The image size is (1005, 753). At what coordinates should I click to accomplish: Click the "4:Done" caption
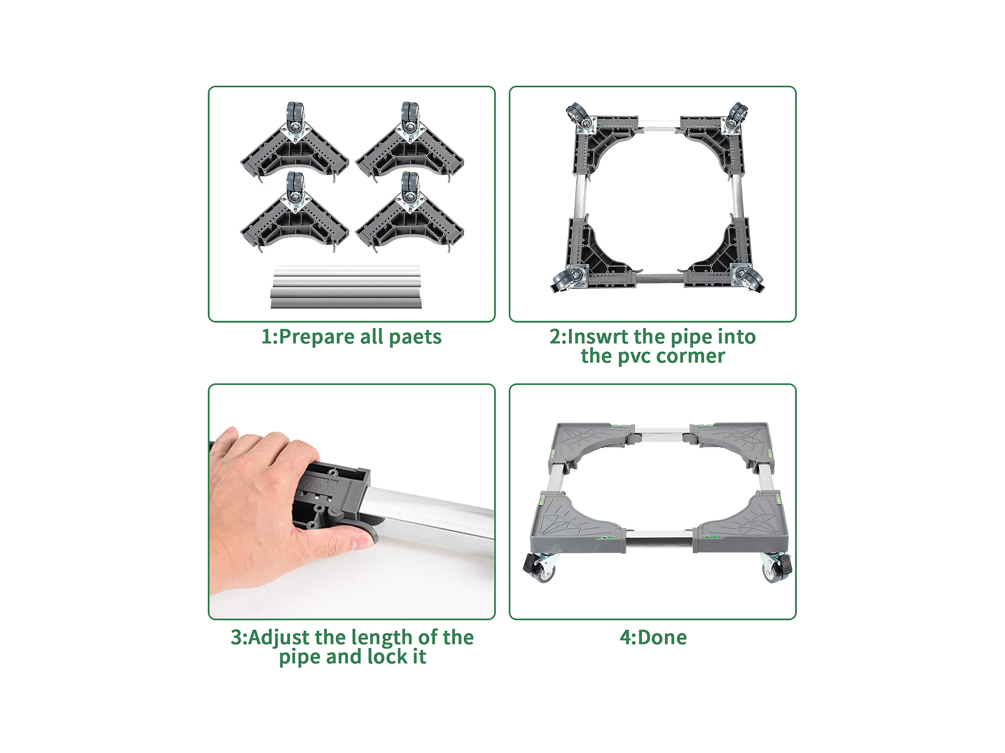click(653, 637)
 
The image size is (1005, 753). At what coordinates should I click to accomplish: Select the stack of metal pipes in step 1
click(346, 287)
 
